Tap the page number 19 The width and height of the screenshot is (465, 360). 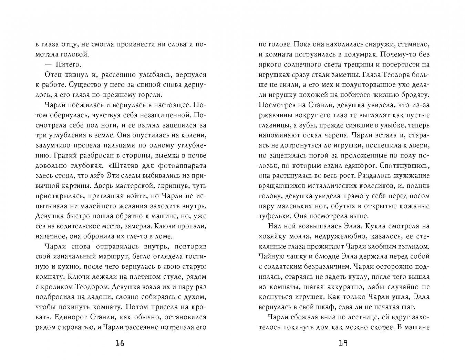(344, 343)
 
